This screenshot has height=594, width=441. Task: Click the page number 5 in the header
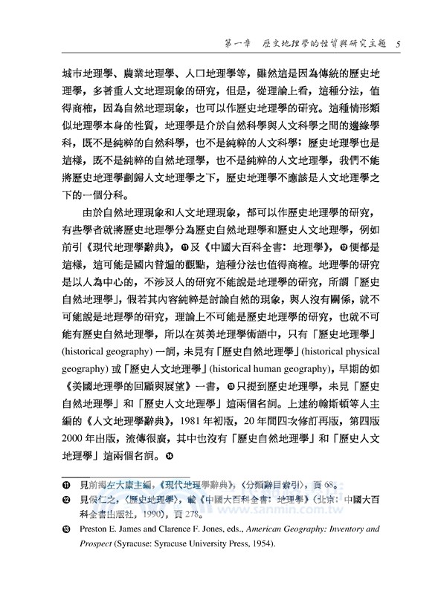[399, 43]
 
